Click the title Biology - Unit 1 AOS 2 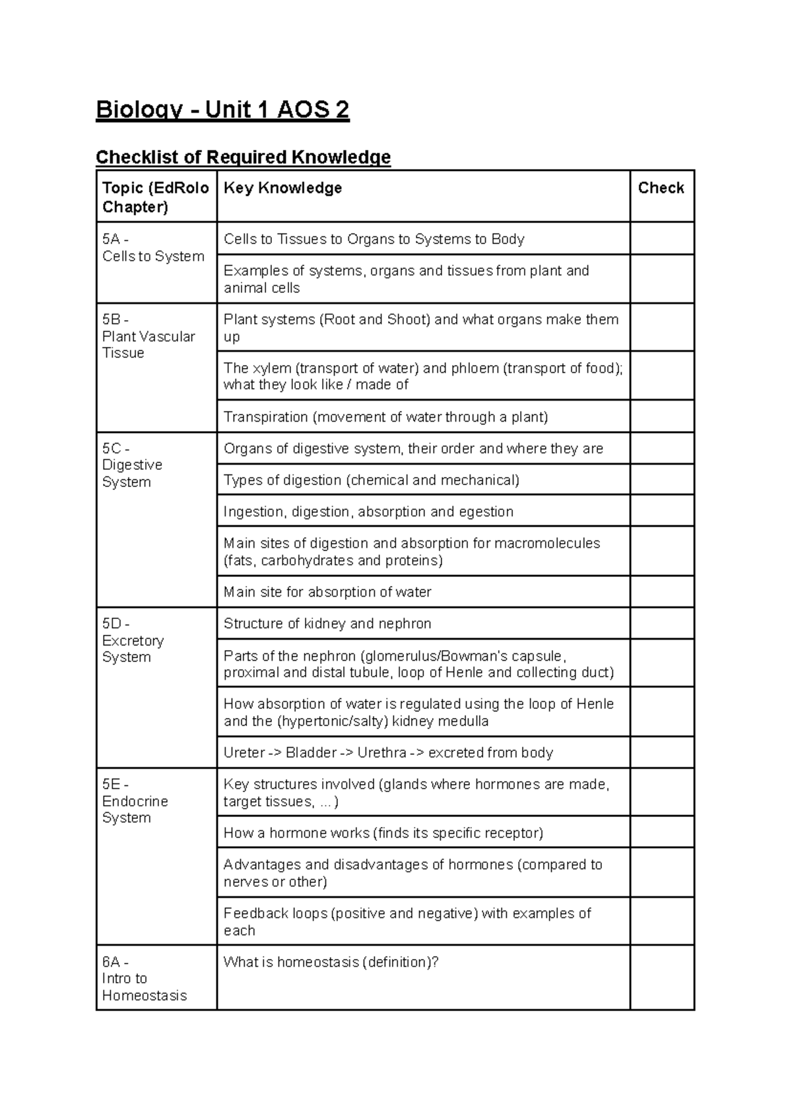click(222, 110)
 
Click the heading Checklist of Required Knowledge click(243, 157)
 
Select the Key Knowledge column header click(282, 188)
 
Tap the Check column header click(661, 188)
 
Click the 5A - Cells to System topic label click(153, 248)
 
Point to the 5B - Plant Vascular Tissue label click(148, 337)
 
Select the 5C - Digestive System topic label click(132, 465)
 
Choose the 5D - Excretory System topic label click(133, 641)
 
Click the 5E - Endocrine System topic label click(135, 801)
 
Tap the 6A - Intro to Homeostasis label click(144, 979)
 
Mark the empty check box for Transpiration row click(661, 416)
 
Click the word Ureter click(244, 753)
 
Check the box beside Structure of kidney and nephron click(661, 623)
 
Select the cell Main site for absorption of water click(327, 592)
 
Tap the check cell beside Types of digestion click(661, 480)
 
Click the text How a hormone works click(296, 833)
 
